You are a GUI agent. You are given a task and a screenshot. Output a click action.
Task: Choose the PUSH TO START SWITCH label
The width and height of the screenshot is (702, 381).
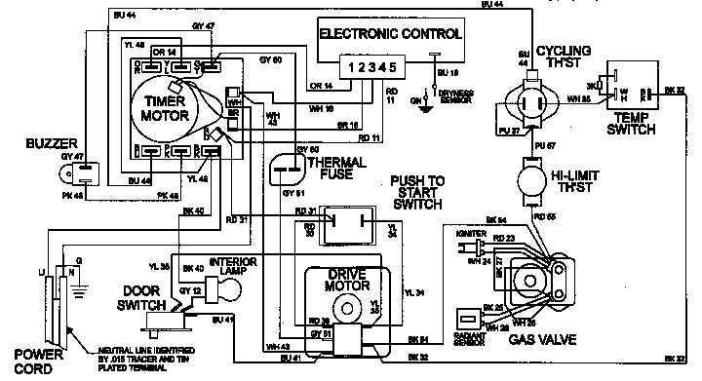click(415, 194)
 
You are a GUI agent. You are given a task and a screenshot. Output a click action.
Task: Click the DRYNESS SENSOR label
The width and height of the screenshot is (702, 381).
click(455, 98)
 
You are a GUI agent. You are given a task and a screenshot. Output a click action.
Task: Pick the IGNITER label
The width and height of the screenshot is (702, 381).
click(467, 234)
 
